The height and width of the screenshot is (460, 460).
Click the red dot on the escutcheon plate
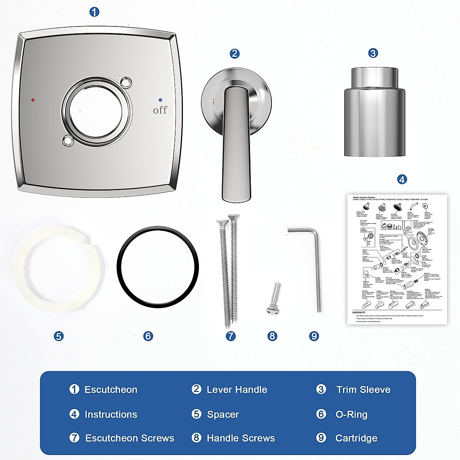pos(33,100)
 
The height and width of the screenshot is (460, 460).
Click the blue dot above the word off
pos(160,99)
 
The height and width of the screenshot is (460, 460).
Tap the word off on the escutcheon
pos(160,110)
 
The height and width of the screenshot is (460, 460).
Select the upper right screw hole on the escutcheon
pos(126,82)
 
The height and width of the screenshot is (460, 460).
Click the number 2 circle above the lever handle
pos(235,54)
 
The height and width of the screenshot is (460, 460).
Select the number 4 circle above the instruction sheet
pos(402,179)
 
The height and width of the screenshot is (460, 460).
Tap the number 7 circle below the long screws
pos(230,336)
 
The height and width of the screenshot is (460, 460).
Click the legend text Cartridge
pos(356,438)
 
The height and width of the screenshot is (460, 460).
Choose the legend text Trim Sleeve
pos(363,390)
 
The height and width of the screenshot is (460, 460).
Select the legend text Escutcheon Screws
pos(130,438)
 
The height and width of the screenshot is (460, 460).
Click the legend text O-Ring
pos(351,414)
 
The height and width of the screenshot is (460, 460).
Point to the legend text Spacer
pos(223,414)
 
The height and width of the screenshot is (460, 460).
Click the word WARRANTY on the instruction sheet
pos(359,312)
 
